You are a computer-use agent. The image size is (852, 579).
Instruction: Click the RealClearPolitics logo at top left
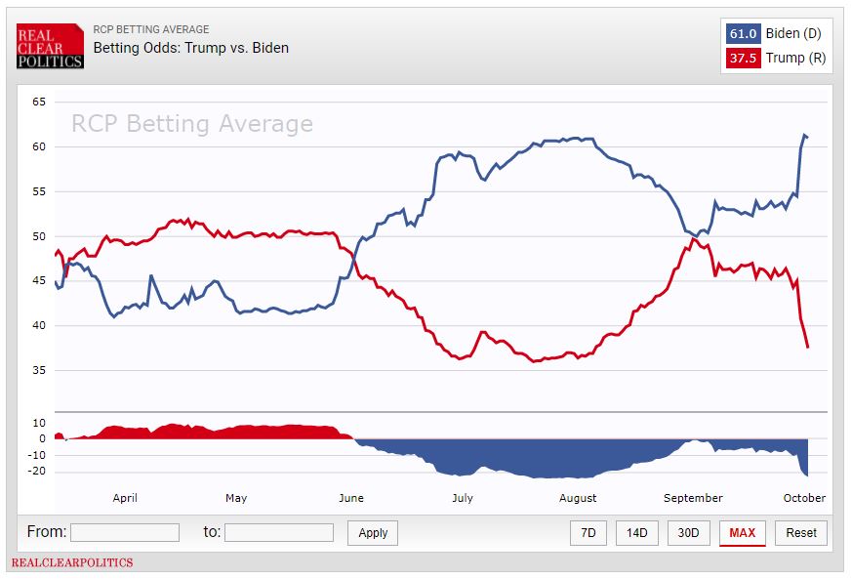[50, 46]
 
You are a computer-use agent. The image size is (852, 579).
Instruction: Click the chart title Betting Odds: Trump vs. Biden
[190, 47]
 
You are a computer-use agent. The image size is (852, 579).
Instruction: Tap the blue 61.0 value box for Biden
[742, 34]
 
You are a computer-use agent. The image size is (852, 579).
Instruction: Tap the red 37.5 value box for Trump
[742, 59]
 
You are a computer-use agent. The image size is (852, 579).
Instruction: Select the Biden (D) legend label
[793, 34]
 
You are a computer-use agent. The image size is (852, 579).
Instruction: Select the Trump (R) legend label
[795, 59]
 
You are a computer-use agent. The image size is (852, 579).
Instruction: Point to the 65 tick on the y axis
[39, 102]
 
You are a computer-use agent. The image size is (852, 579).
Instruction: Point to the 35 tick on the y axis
[39, 370]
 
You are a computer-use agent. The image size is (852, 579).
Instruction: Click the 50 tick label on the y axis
[39, 236]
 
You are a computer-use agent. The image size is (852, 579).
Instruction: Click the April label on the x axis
[125, 498]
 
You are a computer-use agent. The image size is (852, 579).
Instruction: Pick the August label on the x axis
[578, 498]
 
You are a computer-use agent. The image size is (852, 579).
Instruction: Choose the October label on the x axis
[804, 498]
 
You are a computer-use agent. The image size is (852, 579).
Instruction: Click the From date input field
[125, 532]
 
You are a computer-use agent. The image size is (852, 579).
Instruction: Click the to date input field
[279, 532]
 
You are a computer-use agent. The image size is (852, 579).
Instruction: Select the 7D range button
[588, 533]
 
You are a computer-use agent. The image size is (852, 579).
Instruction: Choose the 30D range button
[689, 533]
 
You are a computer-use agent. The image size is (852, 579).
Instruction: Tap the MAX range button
[742, 533]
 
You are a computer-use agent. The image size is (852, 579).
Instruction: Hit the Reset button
[801, 533]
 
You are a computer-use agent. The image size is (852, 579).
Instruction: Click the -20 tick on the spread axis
[39, 472]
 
